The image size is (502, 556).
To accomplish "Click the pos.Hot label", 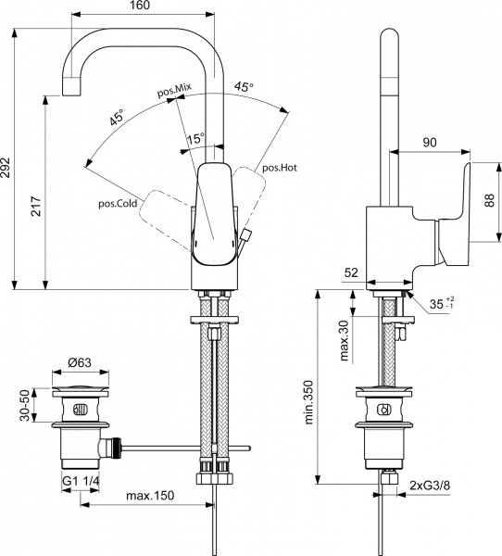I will (x=280, y=168).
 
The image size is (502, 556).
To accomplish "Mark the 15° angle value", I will (x=195, y=140).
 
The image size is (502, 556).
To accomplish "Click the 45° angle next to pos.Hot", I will (x=244, y=86).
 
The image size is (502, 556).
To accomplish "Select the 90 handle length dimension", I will (x=430, y=142).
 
